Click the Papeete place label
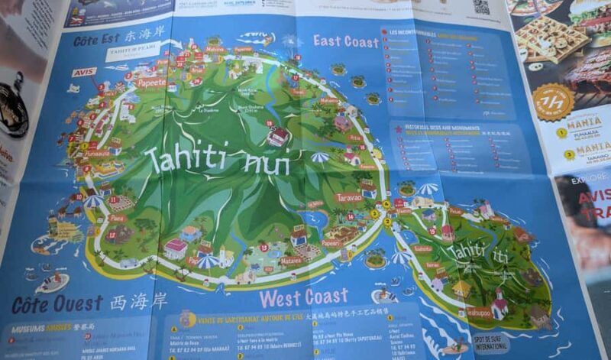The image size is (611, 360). point(150,83)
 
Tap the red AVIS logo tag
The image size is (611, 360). point(83,72)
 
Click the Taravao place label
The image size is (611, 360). point(349,197)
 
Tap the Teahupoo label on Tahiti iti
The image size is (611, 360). point(479,312)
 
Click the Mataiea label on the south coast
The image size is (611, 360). point(291,260)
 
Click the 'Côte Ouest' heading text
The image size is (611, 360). point(46,304)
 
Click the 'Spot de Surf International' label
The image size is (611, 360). point(492,342)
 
